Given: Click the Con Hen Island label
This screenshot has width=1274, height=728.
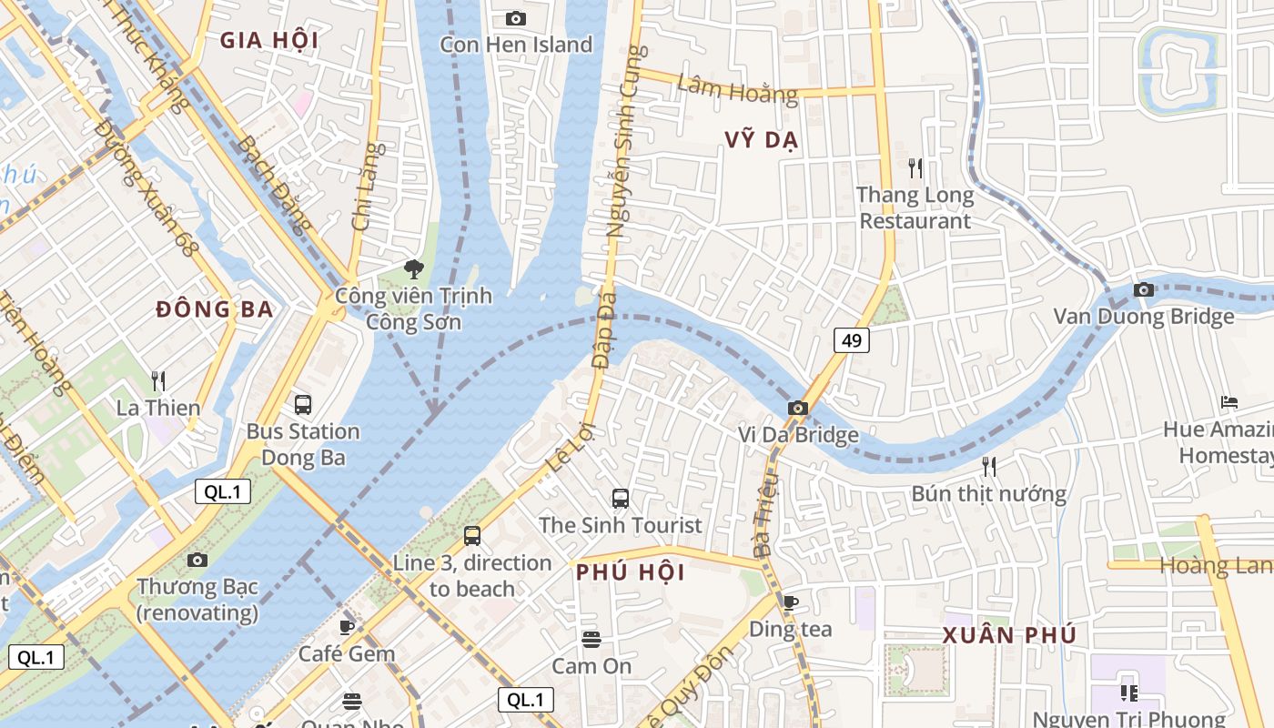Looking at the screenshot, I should pos(516,45).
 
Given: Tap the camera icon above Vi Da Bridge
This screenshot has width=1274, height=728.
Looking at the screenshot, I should pos(798,408).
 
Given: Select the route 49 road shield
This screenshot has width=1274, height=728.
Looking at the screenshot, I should pos(852,340).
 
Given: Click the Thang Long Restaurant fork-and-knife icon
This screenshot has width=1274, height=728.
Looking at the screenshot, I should pos(915,167).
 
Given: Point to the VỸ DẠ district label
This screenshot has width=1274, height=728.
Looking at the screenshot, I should pos(762,139).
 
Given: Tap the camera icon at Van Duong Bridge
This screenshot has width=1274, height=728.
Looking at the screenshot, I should pos(1144,289).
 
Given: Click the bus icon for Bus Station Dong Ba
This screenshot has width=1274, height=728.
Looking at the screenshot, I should pos(303,404).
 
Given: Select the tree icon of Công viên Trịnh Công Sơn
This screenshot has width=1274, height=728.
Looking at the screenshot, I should pos(414,268).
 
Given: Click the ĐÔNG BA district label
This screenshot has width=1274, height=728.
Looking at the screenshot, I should pos(215,309).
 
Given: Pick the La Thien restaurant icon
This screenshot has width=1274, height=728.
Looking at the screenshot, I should pos(158,380).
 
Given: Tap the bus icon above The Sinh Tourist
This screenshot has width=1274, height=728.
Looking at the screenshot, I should pos(621,498).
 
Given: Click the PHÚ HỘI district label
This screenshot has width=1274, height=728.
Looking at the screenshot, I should pos(631,572).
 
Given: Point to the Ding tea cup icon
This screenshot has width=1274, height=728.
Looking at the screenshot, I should pos(790,602).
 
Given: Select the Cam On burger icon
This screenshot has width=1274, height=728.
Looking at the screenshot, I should pos(591,639).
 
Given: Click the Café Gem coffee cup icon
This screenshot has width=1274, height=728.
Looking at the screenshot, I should pos(347,626).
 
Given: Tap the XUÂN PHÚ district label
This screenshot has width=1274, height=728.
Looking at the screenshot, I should pos(1009,635).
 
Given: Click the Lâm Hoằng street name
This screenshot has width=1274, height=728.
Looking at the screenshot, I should pos(737,89).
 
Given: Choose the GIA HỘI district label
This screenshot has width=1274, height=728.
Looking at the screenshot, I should pos(269,40).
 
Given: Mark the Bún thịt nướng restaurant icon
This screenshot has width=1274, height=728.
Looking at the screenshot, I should pos(989,467).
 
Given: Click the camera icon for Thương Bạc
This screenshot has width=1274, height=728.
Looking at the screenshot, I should pos(197,560).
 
